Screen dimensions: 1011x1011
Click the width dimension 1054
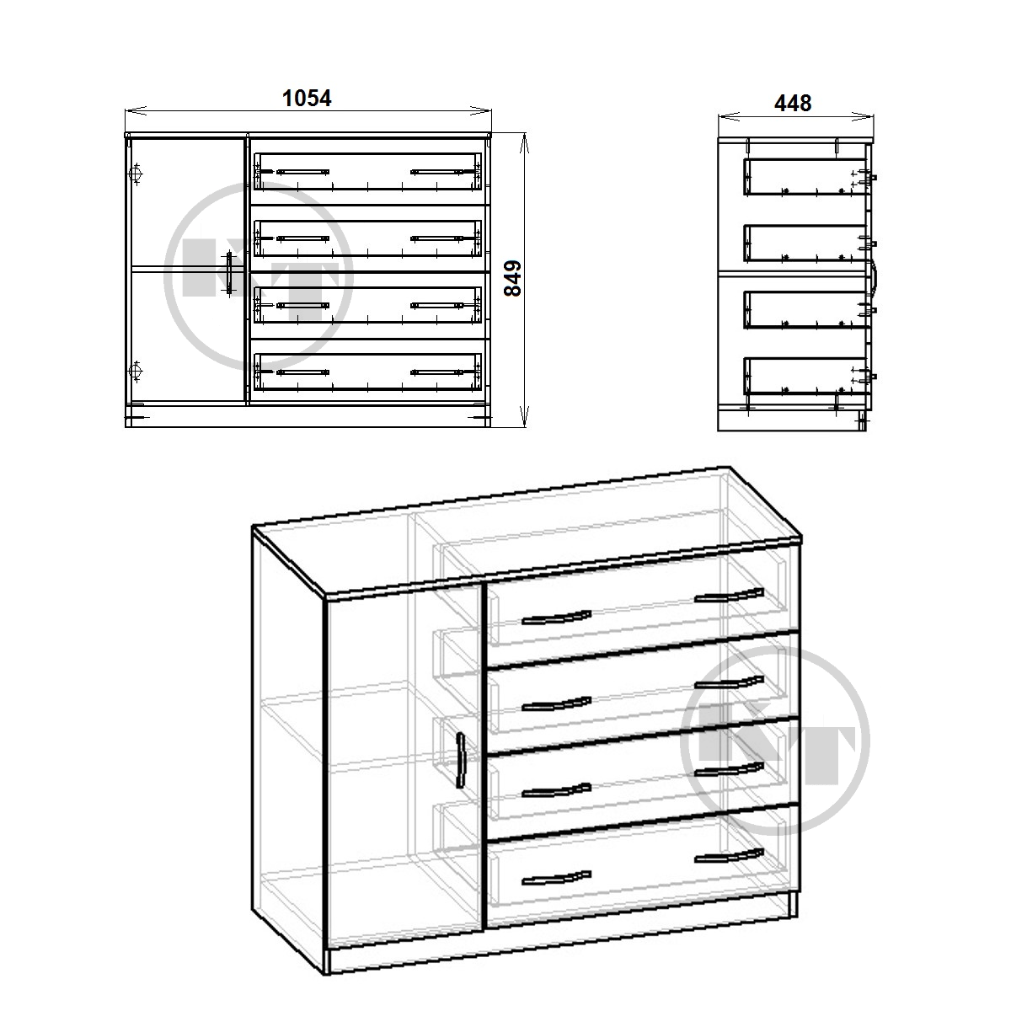[x=307, y=98]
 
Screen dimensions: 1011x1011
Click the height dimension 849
[x=513, y=279]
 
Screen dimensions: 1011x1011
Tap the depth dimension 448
[x=793, y=104]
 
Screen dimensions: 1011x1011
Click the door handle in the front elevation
[x=229, y=274]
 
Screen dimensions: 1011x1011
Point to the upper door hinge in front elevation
[x=136, y=174]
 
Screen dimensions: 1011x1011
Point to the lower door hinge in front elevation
[x=136, y=372]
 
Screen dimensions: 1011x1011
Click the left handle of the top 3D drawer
[x=557, y=618]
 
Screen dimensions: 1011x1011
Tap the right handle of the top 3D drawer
[x=730, y=595]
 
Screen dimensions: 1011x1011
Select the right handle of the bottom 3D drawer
[x=730, y=856]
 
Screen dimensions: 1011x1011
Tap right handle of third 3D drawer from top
[x=730, y=768]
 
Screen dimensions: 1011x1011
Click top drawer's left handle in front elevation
[x=302, y=172]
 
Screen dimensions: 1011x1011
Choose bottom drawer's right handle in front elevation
[x=437, y=372]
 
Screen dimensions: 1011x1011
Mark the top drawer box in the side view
[x=805, y=177]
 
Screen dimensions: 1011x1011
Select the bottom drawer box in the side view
[x=805, y=376]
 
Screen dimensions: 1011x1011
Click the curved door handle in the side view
[x=875, y=275]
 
